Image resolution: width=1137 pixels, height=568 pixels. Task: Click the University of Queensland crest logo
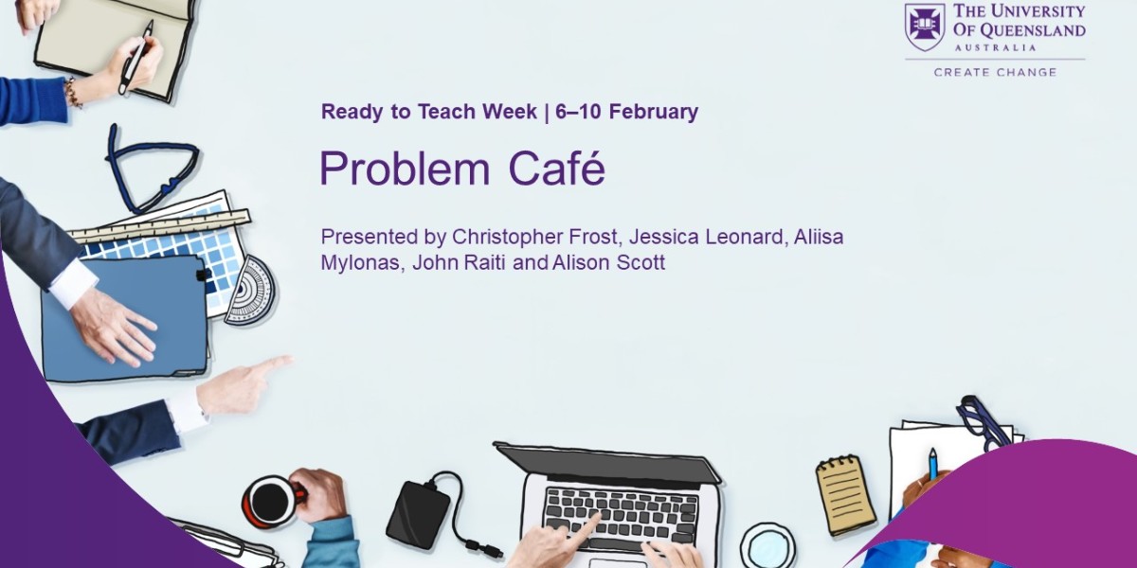[x=925, y=27]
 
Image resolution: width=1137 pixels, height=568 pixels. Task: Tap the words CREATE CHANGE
[x=995, y=72]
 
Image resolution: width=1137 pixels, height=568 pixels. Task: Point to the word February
[x=653, y=112]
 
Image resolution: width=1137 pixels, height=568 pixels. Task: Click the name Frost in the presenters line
[x=596, y=236]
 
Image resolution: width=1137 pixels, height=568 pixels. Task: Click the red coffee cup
[x=272, y=499]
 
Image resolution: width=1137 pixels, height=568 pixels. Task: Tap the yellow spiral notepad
[x=845, y=493]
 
